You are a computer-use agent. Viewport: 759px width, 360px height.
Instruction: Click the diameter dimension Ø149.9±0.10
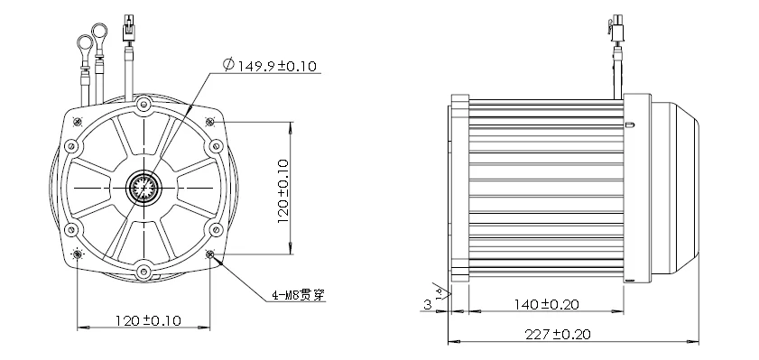[270, 65]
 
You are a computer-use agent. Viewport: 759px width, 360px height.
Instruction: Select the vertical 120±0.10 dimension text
[283, 191]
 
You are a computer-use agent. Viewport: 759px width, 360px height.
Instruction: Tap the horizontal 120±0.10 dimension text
[148, 320]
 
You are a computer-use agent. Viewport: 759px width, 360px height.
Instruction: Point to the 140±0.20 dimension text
[546, 304]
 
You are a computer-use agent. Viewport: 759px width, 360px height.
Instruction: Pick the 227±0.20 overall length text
[558, 334]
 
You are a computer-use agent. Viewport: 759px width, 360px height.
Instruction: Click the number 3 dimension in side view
[427, 304]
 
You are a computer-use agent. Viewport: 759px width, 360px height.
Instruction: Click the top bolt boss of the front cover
[143, 104]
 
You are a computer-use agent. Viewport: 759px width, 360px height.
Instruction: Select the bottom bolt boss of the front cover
[143, 271]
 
